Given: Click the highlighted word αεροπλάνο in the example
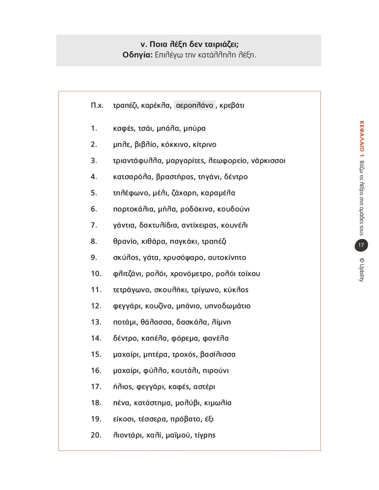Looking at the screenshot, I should point(194,105).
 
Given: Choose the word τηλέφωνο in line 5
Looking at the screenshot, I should point(131,193).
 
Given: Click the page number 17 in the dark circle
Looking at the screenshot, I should point(361,245).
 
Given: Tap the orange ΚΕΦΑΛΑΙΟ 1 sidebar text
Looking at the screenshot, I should point(362,139).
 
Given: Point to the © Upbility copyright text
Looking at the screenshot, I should point(362,270).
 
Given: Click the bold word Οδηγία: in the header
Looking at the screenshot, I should point(137,55).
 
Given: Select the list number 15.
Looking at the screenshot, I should point(96,354).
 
